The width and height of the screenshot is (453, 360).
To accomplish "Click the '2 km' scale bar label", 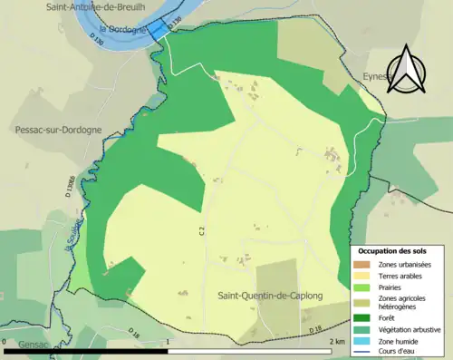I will (x=337, y=341).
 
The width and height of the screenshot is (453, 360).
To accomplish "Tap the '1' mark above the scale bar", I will (x=170, y=341).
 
